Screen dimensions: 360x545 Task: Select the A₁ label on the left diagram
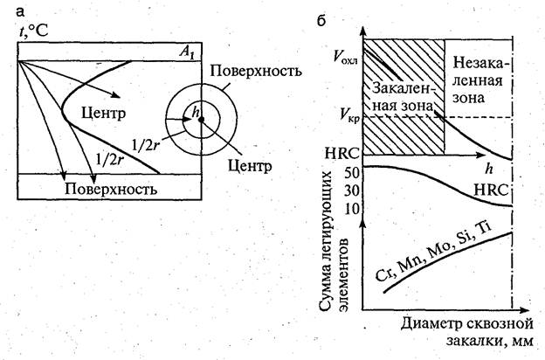coord(185,53)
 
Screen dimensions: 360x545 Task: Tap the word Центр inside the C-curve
coord(108,114)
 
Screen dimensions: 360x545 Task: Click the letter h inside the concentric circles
coord(197,111)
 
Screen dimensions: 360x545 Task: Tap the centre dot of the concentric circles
coord(200,121)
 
